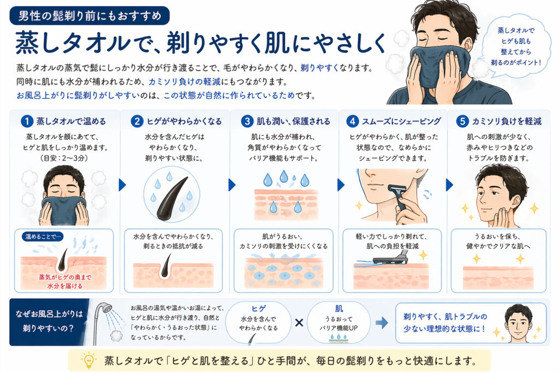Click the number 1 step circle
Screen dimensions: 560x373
tap(27, 121)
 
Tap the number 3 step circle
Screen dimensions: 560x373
tap(247, 121)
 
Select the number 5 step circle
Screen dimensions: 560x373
tap(462, 121)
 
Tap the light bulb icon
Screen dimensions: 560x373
tap(89, 360)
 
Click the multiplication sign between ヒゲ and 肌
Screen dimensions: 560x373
tap(299, 323)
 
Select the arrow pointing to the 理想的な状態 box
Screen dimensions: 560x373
tap(382, 323)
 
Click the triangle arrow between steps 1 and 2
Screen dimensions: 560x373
tap(122, 185)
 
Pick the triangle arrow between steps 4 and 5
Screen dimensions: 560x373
tap(450, 185)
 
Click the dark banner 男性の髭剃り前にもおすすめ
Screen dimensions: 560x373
tap(89, 16)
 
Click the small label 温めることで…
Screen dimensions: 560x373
tap(43, 236)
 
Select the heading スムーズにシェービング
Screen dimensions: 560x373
tap(401, 121)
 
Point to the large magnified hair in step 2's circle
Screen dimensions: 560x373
tap(172, 199)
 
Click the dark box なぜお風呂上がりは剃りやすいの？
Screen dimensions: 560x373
tap(49, 322)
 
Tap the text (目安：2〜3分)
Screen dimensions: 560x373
tap(65, 158)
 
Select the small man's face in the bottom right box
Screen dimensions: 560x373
tap(518, 322)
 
